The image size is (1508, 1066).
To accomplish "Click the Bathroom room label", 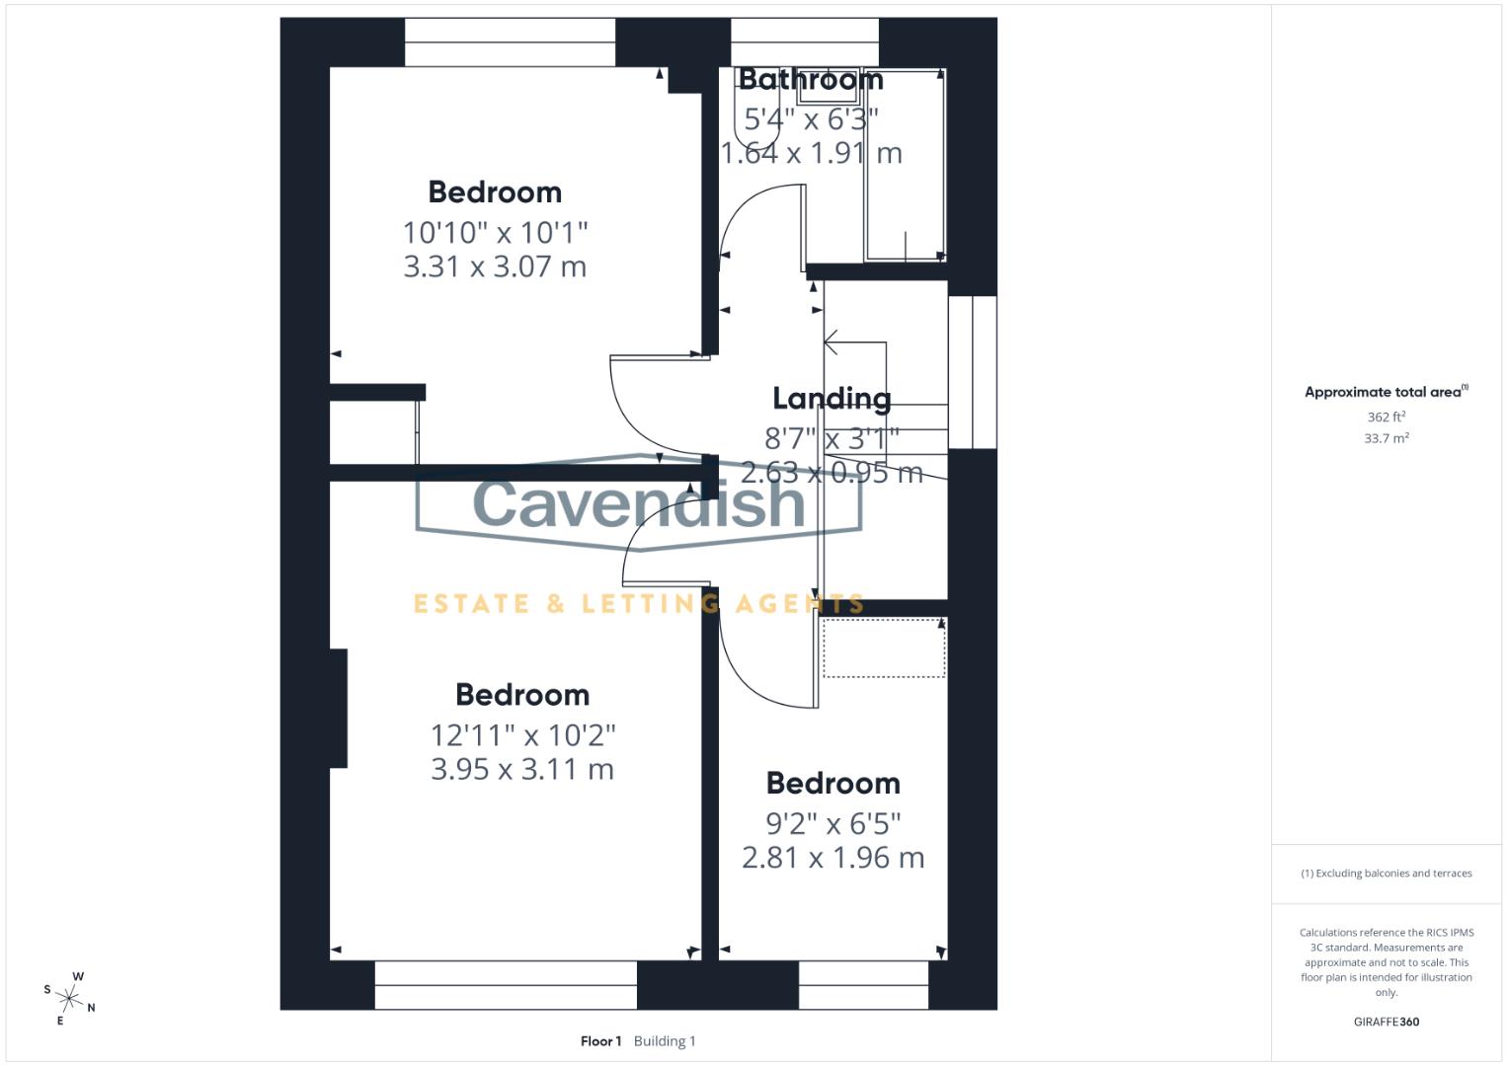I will (811, 79).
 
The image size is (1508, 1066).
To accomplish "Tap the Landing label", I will (832, 398).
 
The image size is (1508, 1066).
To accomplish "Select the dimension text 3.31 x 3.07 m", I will (495, 266).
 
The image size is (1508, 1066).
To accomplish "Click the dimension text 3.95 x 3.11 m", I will (522, 769).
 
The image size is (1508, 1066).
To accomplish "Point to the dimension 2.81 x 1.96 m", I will (833, 858).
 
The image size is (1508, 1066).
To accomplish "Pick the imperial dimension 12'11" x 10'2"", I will (522, 735).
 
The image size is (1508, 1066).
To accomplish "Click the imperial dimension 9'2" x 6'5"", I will (833, 823).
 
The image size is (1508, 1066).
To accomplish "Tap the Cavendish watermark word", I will (639, 501).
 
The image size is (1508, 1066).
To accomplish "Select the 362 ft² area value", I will (1386, 418).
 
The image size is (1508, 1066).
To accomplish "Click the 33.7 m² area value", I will (1386, 438).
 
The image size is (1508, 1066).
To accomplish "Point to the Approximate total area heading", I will (1385, 392).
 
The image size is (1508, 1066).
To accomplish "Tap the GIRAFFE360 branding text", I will (1386, 1022).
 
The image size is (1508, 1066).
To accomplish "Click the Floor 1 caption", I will (600, 1041).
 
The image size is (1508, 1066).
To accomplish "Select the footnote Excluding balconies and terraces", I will (1387, 874).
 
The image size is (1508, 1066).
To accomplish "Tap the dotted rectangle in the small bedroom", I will (884, 648).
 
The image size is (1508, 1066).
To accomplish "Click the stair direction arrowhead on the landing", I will (831, 343).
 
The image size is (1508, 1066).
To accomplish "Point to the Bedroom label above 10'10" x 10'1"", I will (495, 191).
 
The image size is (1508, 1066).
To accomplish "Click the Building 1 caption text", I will (665, 1041).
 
